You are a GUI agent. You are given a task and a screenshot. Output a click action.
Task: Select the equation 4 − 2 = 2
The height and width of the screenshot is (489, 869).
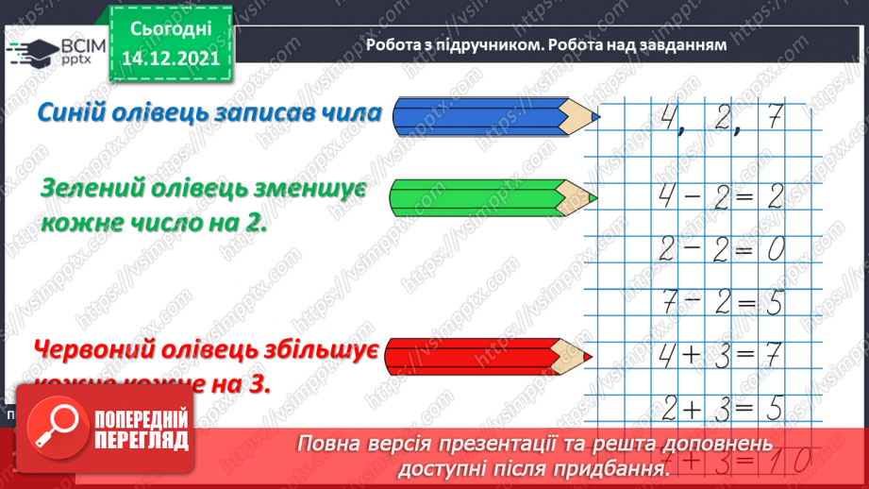pos(718,197)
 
